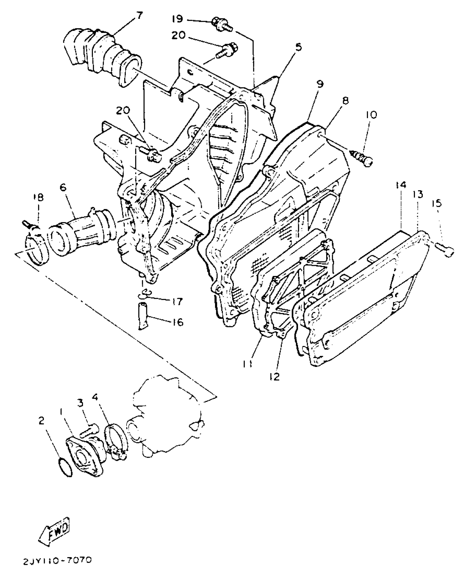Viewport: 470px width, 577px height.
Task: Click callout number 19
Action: pos(177,19)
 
